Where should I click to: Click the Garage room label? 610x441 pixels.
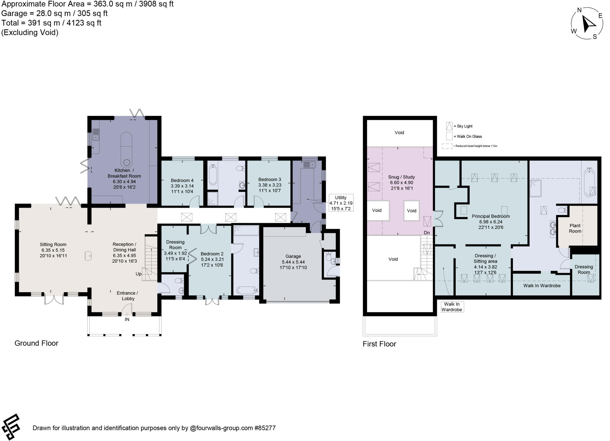coord(293,262)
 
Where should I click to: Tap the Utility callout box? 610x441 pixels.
coord(341,203)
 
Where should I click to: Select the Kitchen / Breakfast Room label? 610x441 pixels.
coord(124,179)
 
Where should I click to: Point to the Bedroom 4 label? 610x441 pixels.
coord(182,186)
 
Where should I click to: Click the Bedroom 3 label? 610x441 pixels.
coord(270,185)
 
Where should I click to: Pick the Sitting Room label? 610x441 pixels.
coord(53,250)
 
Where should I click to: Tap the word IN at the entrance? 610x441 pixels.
coord(127,320)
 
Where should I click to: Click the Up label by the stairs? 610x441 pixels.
coord(139,274)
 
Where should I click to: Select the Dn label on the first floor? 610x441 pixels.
coord(427,233)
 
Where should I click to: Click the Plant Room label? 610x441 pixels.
coord(575,228)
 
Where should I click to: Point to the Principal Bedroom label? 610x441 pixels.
coord(491,222)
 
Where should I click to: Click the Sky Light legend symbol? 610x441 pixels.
coord(449,126)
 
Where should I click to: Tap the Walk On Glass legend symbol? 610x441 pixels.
coord(449,136)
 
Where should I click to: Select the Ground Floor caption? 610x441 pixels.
coord(36,343)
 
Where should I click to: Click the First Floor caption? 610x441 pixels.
coord(379,344)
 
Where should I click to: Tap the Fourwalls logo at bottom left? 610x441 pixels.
coord(11,427)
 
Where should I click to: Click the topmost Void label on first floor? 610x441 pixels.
coord(399,133)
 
